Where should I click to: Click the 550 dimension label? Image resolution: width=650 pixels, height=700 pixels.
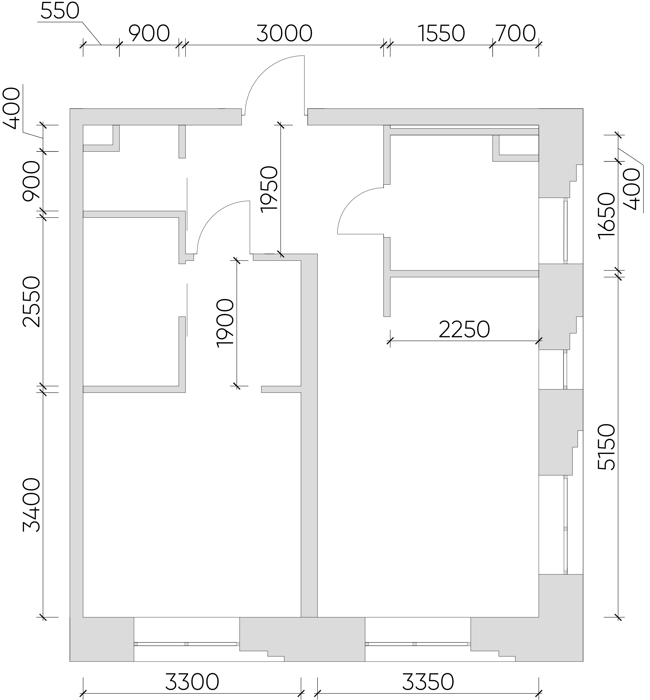pos(60,11)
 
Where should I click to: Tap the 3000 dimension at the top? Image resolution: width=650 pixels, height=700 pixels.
pos(284,34)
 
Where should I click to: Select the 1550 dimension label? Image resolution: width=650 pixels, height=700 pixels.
pos(442,34)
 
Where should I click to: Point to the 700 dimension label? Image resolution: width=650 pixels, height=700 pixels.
pos(516,34)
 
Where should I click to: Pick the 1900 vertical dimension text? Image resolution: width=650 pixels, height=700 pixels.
pos(225,323)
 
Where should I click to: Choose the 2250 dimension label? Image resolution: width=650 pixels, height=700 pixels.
pos(464,330)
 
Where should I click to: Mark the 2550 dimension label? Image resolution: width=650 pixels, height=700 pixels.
pos(32,301)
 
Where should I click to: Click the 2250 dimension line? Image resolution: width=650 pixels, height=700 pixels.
pos(464,341)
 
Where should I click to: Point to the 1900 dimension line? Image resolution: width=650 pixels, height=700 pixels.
pos(237,323)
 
